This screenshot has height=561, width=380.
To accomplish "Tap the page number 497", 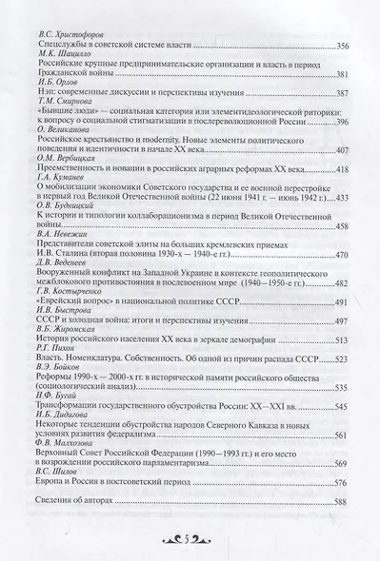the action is click(x=341, y=356).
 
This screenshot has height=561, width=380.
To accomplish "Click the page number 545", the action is click(x=341, y=434).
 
